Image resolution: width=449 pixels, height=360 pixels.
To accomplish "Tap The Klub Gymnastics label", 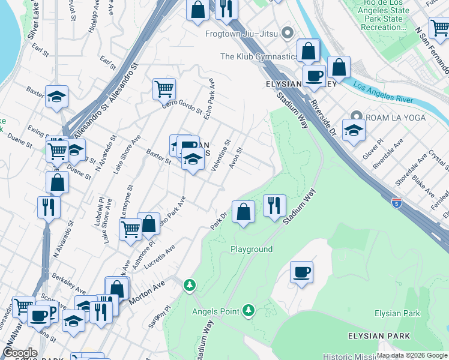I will (x=259, y=57).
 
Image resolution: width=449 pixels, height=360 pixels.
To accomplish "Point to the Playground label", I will (x=252, y=249).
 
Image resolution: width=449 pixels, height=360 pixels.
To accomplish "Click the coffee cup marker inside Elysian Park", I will (x=301, y=272).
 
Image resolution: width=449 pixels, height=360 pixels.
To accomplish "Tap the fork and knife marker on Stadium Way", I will (x=274, y=205).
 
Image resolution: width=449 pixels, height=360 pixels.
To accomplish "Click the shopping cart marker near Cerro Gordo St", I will (x=164, y=88).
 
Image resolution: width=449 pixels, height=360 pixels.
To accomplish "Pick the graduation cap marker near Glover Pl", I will (x=354, y=130).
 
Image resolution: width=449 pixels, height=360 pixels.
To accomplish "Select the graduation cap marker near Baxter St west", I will (x=56, y=96).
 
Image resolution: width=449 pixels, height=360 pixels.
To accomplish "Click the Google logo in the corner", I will (x=19, y=353).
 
